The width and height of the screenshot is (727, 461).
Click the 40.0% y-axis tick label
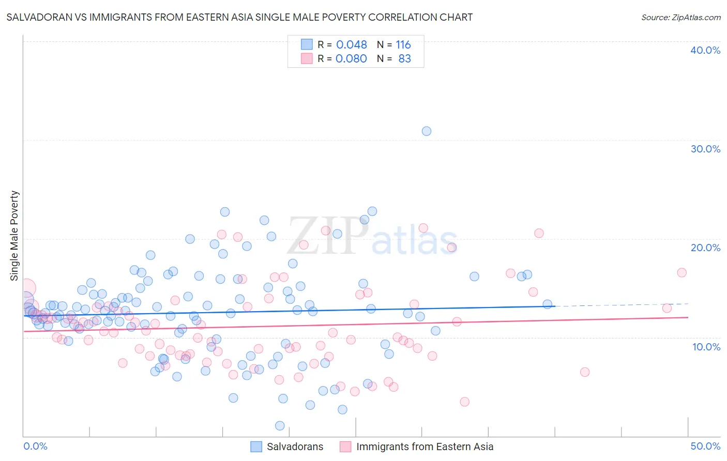[x=705, y=50]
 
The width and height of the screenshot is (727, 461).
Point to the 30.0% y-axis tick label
[x=705, y=149]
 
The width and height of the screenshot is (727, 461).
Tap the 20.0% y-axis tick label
[x=705, y=248]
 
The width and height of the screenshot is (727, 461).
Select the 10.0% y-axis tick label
[x=706, y=347]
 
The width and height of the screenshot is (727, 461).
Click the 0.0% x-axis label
[x=35, y=447]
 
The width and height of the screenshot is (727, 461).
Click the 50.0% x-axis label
[x=705, y=447]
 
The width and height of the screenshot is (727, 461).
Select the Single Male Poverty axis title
[x=14, y=236]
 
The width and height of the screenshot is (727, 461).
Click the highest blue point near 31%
[x=427, y=131]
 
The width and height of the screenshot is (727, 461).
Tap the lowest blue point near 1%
[x=280, y=426]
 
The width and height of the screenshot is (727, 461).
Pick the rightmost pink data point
[x=681, y=273]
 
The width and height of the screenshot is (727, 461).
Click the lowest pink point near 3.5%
[x=464, y=402]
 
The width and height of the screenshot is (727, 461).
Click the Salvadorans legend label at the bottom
[x=295, y=447]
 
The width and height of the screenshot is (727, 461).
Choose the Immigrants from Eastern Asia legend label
[x=425, y=447]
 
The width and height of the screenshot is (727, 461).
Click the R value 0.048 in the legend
[x=352, y=45]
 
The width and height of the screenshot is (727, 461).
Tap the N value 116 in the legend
[x=403, y=45]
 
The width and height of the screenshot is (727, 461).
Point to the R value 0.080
[x=352, y=59]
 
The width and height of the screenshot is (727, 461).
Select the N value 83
[x=404, y=59]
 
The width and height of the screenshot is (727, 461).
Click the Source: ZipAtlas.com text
[x=680, y=18]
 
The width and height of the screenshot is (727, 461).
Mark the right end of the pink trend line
[x=688, y=317]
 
